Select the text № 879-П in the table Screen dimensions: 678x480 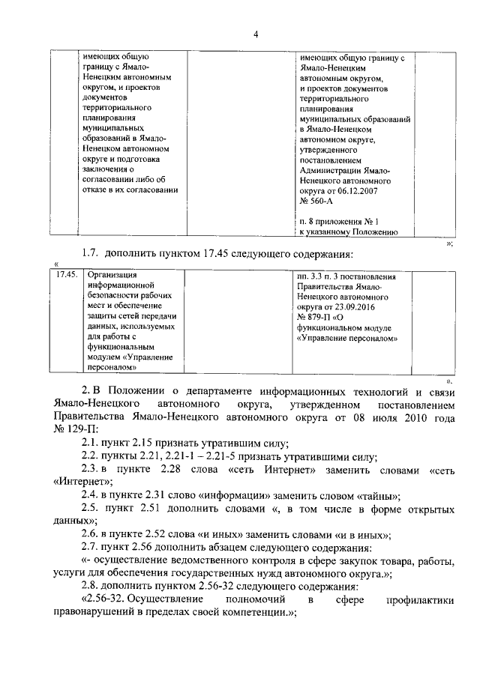point(316,317)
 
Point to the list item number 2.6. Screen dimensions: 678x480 point(90,534)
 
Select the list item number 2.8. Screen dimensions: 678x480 point(90,587)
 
